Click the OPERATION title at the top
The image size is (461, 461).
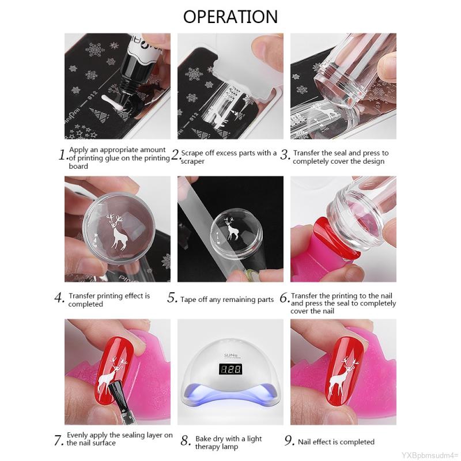pyautogui.click(x=230, y=17)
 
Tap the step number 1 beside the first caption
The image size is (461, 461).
pyautogui.click(x=62, y=155)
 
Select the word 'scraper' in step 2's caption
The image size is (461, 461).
pyautogui.click(x=192, y=161)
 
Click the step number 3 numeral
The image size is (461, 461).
pyautogui.click(x=285, y=154)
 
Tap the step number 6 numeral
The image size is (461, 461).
pyautogui.click(x=284, y=298)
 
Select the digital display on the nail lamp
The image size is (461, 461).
pyautogui.click(x=231, y=369)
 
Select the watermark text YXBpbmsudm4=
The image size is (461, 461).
pyautogui.click(x=429, y=455)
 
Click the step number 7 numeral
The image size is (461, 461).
pyautogui.click(x=58, y=441)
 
